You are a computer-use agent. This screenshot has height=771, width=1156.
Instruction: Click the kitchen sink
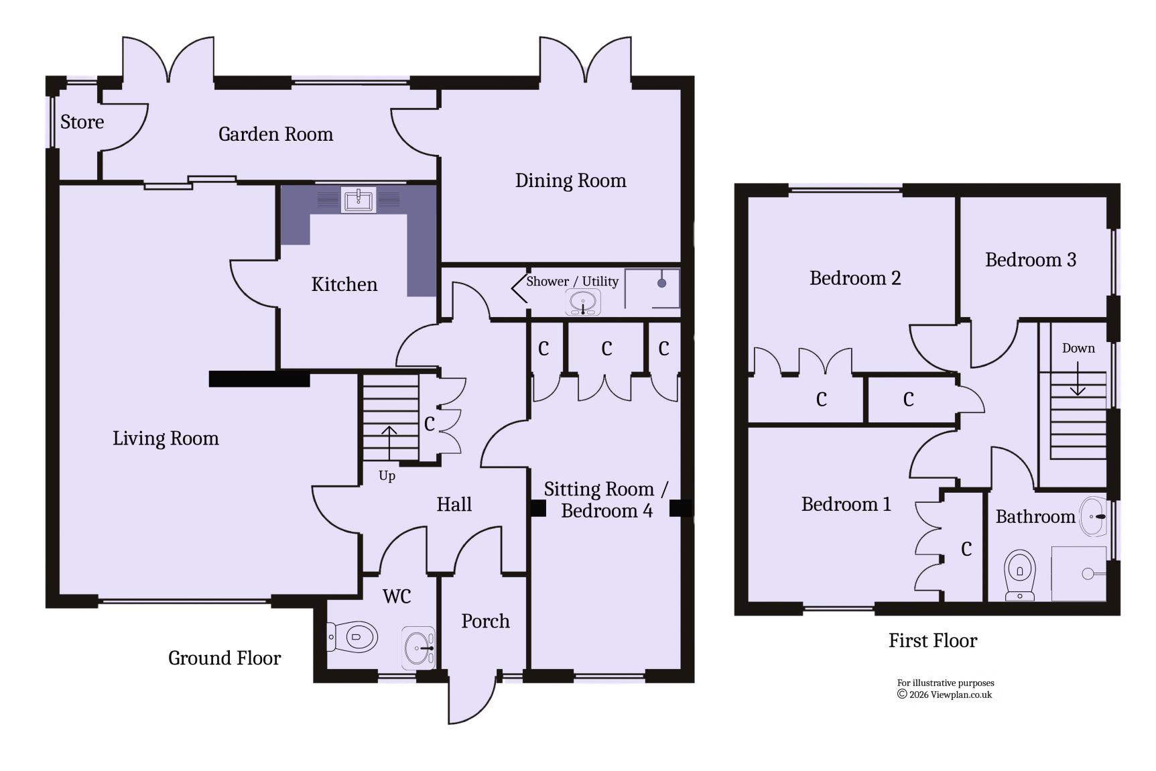click(359, 200)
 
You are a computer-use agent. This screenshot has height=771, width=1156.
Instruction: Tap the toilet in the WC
click(352, 636)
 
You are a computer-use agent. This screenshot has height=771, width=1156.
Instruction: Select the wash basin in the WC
click(419, 648)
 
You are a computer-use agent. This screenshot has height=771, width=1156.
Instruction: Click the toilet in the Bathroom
click(1020, 575)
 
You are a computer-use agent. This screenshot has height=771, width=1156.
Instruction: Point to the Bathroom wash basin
click(1094, 516)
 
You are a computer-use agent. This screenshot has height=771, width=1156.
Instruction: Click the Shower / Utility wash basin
click(583, 302)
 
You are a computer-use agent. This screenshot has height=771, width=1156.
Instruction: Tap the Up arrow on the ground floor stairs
click(389, 443)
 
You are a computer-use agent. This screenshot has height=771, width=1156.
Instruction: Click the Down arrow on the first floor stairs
click(1078, 379)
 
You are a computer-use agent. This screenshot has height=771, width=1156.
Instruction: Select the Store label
click(82, 122)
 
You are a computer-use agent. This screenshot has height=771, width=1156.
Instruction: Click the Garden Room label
click(275, 134)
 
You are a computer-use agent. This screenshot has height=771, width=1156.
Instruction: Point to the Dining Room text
click(570, 180)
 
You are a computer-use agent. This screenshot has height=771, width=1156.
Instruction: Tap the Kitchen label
click(344, 284)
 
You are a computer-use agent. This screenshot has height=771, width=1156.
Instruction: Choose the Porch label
click(485, 621)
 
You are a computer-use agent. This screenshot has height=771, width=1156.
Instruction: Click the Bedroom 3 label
click(1031, 259)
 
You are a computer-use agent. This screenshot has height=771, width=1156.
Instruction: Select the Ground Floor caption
click(224, 658)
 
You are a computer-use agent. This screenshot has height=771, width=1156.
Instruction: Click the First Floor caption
click(933, 640)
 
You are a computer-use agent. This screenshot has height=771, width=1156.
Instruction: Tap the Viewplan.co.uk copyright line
click(945, 695)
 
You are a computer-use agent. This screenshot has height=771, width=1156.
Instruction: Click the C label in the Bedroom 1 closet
click(966, 549)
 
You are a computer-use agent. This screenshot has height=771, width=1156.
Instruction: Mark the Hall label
click(454, 504)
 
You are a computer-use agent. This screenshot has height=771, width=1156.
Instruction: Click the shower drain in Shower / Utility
click(661, 283)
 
